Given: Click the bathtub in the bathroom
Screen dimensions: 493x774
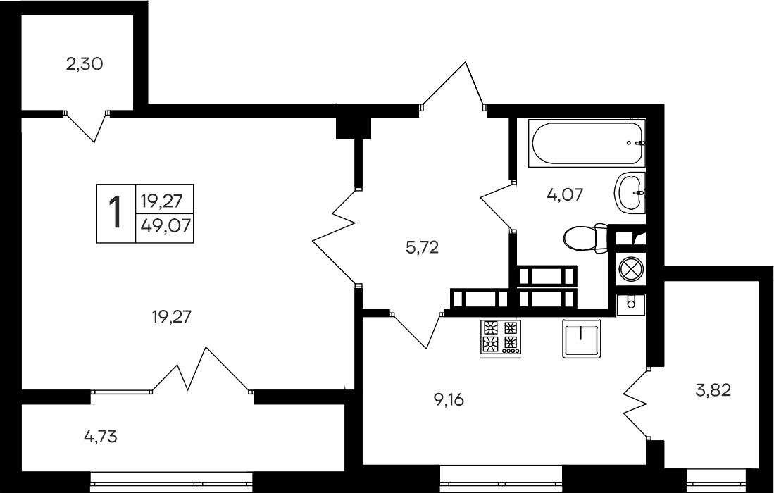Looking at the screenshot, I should coord(587,144).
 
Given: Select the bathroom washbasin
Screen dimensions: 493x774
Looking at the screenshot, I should coord(629,191).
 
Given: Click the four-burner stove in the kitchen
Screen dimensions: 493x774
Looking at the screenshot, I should coord(500,337).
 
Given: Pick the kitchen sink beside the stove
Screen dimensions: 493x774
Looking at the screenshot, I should coord(581,338).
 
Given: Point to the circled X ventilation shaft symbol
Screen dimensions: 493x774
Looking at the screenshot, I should coord(630,270).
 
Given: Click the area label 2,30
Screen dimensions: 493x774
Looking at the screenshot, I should coord(85,64).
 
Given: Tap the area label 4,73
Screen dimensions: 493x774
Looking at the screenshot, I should coord(100,437).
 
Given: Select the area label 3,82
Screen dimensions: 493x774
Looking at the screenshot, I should coord(713,389).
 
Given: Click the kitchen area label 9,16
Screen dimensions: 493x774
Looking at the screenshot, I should coord(450,400).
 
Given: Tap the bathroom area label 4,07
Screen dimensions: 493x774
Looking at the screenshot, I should coord(565,194).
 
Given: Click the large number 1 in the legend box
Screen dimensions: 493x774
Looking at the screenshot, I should coord(115,212).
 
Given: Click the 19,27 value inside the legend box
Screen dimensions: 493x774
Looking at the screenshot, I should coord(161,201).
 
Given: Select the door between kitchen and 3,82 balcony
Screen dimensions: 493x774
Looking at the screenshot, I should coord(635,404).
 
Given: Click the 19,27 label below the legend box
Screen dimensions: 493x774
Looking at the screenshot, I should coord(172,317).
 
